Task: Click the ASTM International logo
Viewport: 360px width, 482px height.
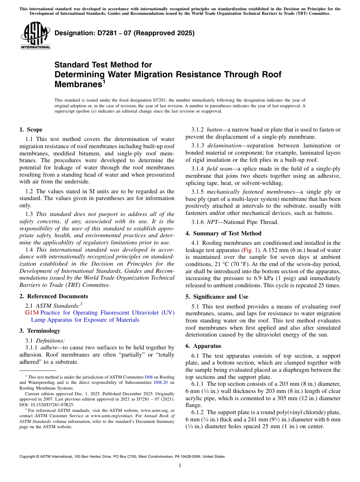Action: [x=35, y=36]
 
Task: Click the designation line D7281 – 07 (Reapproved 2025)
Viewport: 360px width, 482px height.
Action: [x=125, y=33]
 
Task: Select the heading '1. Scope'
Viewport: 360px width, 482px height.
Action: [x=31, y=130]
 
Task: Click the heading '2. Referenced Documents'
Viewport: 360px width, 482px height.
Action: [x=54, y=296]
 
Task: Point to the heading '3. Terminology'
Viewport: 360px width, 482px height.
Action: [x=40, y=331]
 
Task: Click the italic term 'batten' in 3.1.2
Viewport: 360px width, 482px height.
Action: [x=215, y=130]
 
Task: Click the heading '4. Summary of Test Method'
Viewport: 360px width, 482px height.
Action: [x=224, y=233]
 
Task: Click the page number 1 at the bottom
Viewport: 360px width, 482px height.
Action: [x=180, y=466]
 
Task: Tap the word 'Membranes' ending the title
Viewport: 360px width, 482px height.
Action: [x=78, y=84]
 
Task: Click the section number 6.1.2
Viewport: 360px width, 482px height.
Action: [x=198, y=412]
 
